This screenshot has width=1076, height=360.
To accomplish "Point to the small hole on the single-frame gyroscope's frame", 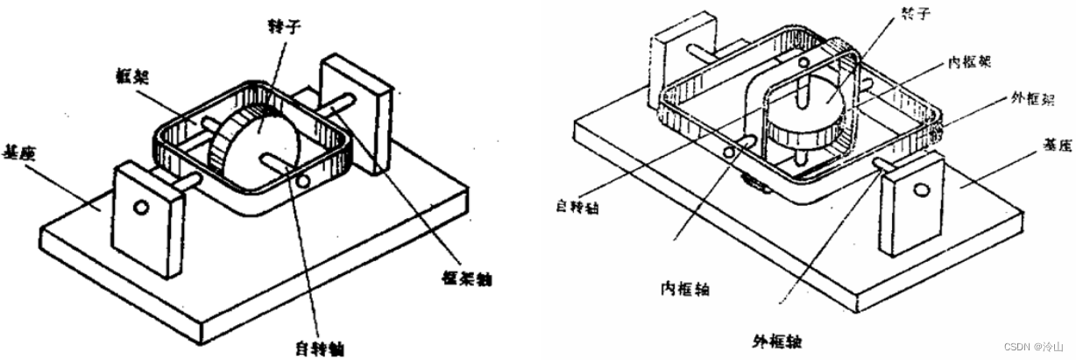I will point(303,182).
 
